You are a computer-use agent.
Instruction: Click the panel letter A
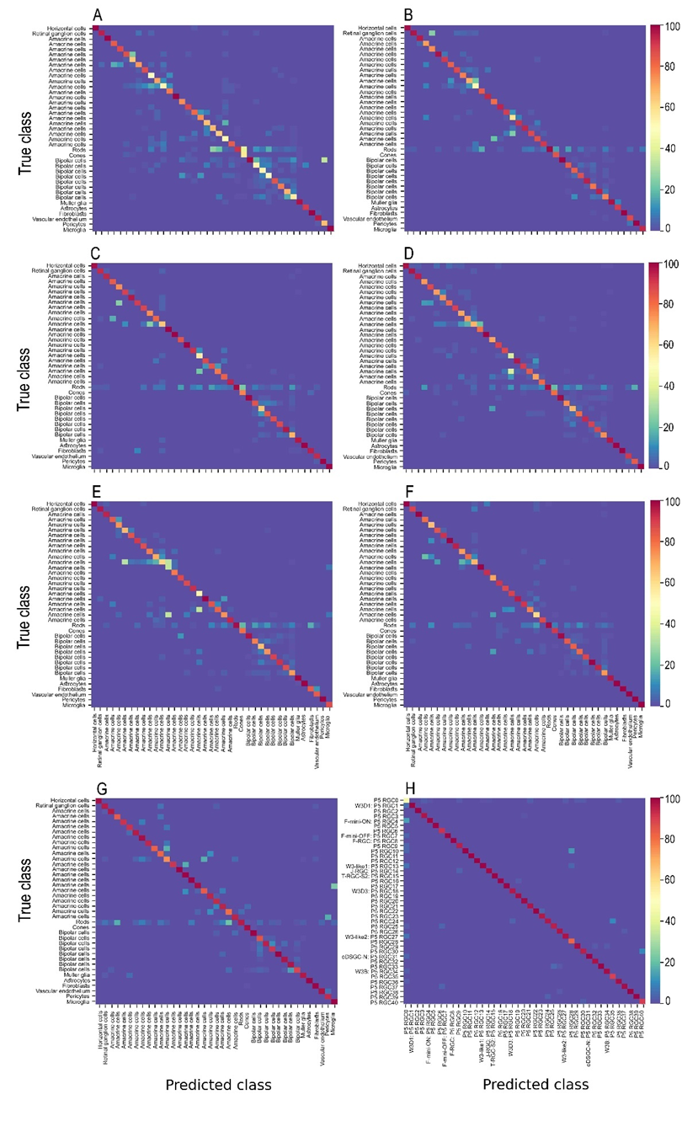tap(99, 16)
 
